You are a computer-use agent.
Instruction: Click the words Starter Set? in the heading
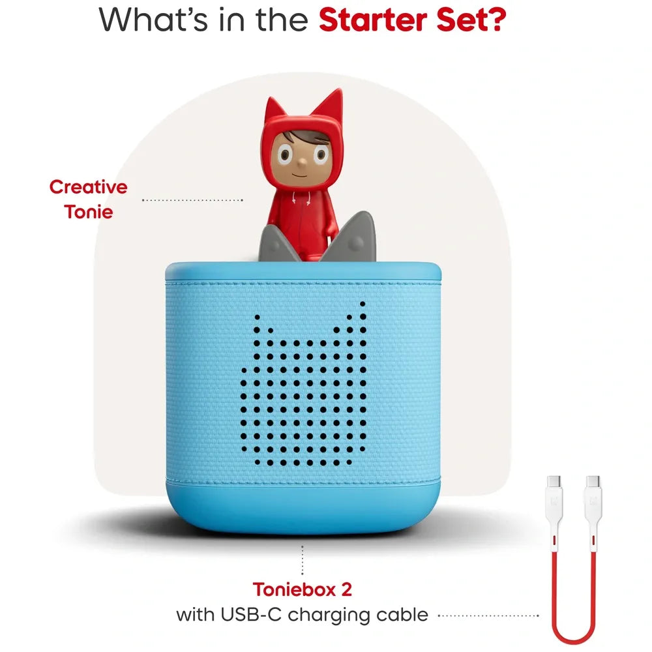tap(413, 20)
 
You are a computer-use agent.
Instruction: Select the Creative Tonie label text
tap(89, 199)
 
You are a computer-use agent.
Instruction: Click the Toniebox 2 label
tap(303, 589)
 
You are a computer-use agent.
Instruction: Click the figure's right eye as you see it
tap(320, 155)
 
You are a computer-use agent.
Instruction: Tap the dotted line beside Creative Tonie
tap(192, 200)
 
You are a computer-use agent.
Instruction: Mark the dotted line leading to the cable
tap(489, 614)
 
